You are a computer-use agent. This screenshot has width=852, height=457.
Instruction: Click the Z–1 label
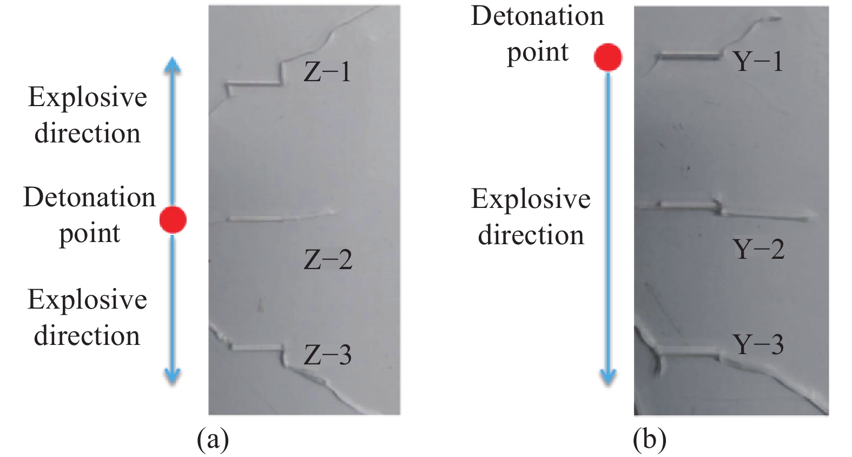point(327,71)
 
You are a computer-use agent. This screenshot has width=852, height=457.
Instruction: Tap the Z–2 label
point(328,259)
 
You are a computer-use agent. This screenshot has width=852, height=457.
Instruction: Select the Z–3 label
point(328,355)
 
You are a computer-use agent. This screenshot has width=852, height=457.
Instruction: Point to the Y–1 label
point(758,61)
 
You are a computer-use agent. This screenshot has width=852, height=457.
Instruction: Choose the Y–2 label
point(758,249)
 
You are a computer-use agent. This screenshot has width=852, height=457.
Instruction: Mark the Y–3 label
point(758,344)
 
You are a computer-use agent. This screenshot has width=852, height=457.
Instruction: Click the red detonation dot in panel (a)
point(173,220)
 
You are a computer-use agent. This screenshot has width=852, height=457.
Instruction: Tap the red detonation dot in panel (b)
point(608,57)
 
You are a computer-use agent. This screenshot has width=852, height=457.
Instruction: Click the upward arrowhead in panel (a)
point(173,65)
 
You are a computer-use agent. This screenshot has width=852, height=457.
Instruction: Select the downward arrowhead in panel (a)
point(173,375)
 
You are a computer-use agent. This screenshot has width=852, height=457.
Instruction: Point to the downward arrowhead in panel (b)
point(608,376)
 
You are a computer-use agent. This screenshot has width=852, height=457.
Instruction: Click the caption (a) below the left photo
point(213,439)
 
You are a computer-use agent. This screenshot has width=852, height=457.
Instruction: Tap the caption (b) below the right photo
point(649,439)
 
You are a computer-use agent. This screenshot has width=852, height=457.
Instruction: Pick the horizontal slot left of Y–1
point(688,55)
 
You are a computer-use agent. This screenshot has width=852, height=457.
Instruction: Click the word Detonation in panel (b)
point(537,16)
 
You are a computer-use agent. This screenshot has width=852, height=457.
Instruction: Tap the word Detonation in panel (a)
point(89,197)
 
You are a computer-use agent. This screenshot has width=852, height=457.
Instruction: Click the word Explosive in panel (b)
point(531,199)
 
